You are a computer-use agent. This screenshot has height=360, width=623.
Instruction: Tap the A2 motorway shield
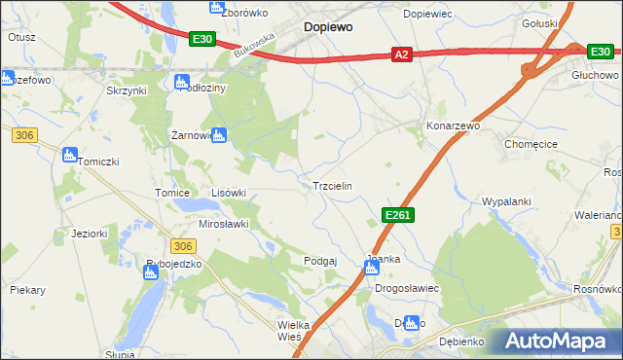[402, 56]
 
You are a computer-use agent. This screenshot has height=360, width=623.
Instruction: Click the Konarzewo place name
[453, 126]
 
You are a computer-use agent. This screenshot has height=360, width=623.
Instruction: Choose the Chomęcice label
[531, 144]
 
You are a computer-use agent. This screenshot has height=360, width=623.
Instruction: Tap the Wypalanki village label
[506, 201]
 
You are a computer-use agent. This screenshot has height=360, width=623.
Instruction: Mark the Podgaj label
[320, 261]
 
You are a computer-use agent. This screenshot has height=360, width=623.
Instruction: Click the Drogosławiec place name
[408, 289]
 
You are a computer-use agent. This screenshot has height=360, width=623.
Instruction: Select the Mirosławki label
[224, 223]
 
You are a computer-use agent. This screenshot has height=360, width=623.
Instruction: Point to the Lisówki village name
[229, 193]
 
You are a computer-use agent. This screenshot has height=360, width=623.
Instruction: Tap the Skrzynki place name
[126, 90]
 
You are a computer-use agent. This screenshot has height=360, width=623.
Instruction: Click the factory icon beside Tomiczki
[68, 154]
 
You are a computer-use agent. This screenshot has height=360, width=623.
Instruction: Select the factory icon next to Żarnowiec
[219, 135]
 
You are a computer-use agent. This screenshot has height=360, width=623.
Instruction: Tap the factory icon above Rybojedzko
[151, 273]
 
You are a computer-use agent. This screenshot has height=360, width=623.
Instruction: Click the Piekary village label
[28, 290]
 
